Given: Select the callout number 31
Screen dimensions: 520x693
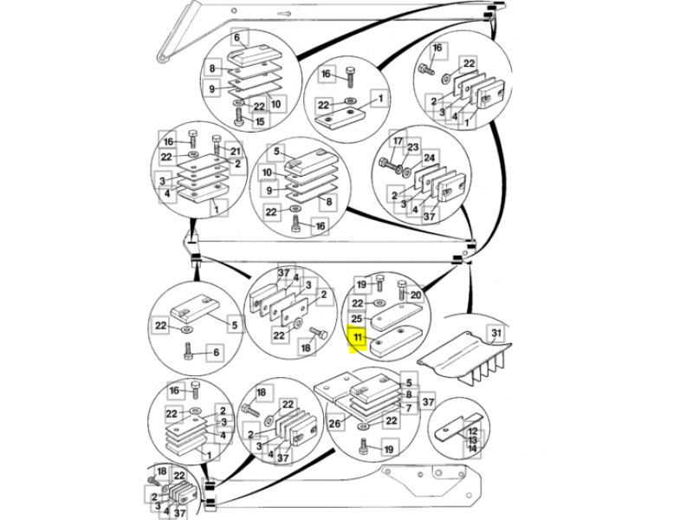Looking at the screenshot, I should click(495, 335).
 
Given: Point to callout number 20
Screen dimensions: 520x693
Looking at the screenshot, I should click(415, 296).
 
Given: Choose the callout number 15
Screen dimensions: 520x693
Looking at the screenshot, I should click(259, 122).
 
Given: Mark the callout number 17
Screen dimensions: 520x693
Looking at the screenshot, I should click(398, 141).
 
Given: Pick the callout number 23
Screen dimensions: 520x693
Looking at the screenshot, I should click(413, 147).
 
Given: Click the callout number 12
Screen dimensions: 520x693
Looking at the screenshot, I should click(472, 431).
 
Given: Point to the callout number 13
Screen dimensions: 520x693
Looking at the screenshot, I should click(472, 440).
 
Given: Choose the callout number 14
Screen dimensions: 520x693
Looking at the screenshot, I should click(472, 450).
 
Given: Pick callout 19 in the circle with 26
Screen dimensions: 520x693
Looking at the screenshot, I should click(389, 449).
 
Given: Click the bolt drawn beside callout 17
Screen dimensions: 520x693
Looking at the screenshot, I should click(386, 160).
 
